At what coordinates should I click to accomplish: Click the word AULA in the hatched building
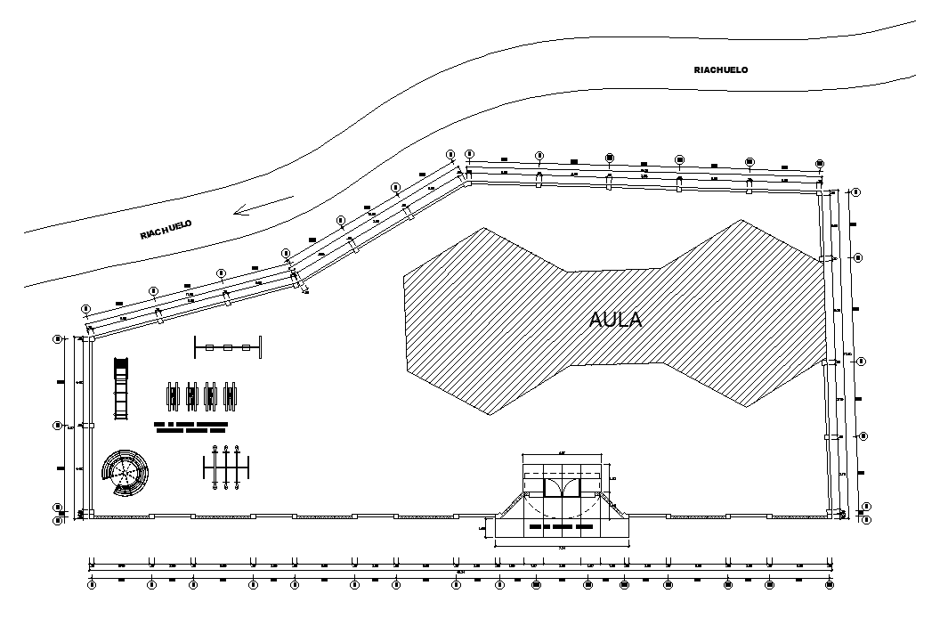tap(616, 320)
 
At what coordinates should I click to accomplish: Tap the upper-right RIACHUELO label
tap(720, 69)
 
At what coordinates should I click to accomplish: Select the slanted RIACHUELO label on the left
tap(166, 230)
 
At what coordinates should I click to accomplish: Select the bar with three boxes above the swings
tap(228, 347)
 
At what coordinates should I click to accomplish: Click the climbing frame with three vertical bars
tap(226, 467)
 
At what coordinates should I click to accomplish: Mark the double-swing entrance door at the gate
tap(561, 487)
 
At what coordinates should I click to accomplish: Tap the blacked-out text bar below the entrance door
tap(560, 527)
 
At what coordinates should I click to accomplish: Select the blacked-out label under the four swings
tap(191, 427)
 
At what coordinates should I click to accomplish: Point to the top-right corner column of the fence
tap(820, 190)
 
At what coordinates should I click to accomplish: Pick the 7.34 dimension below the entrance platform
tap(562, 548)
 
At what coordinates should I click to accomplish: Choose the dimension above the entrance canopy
tap(562, 454)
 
